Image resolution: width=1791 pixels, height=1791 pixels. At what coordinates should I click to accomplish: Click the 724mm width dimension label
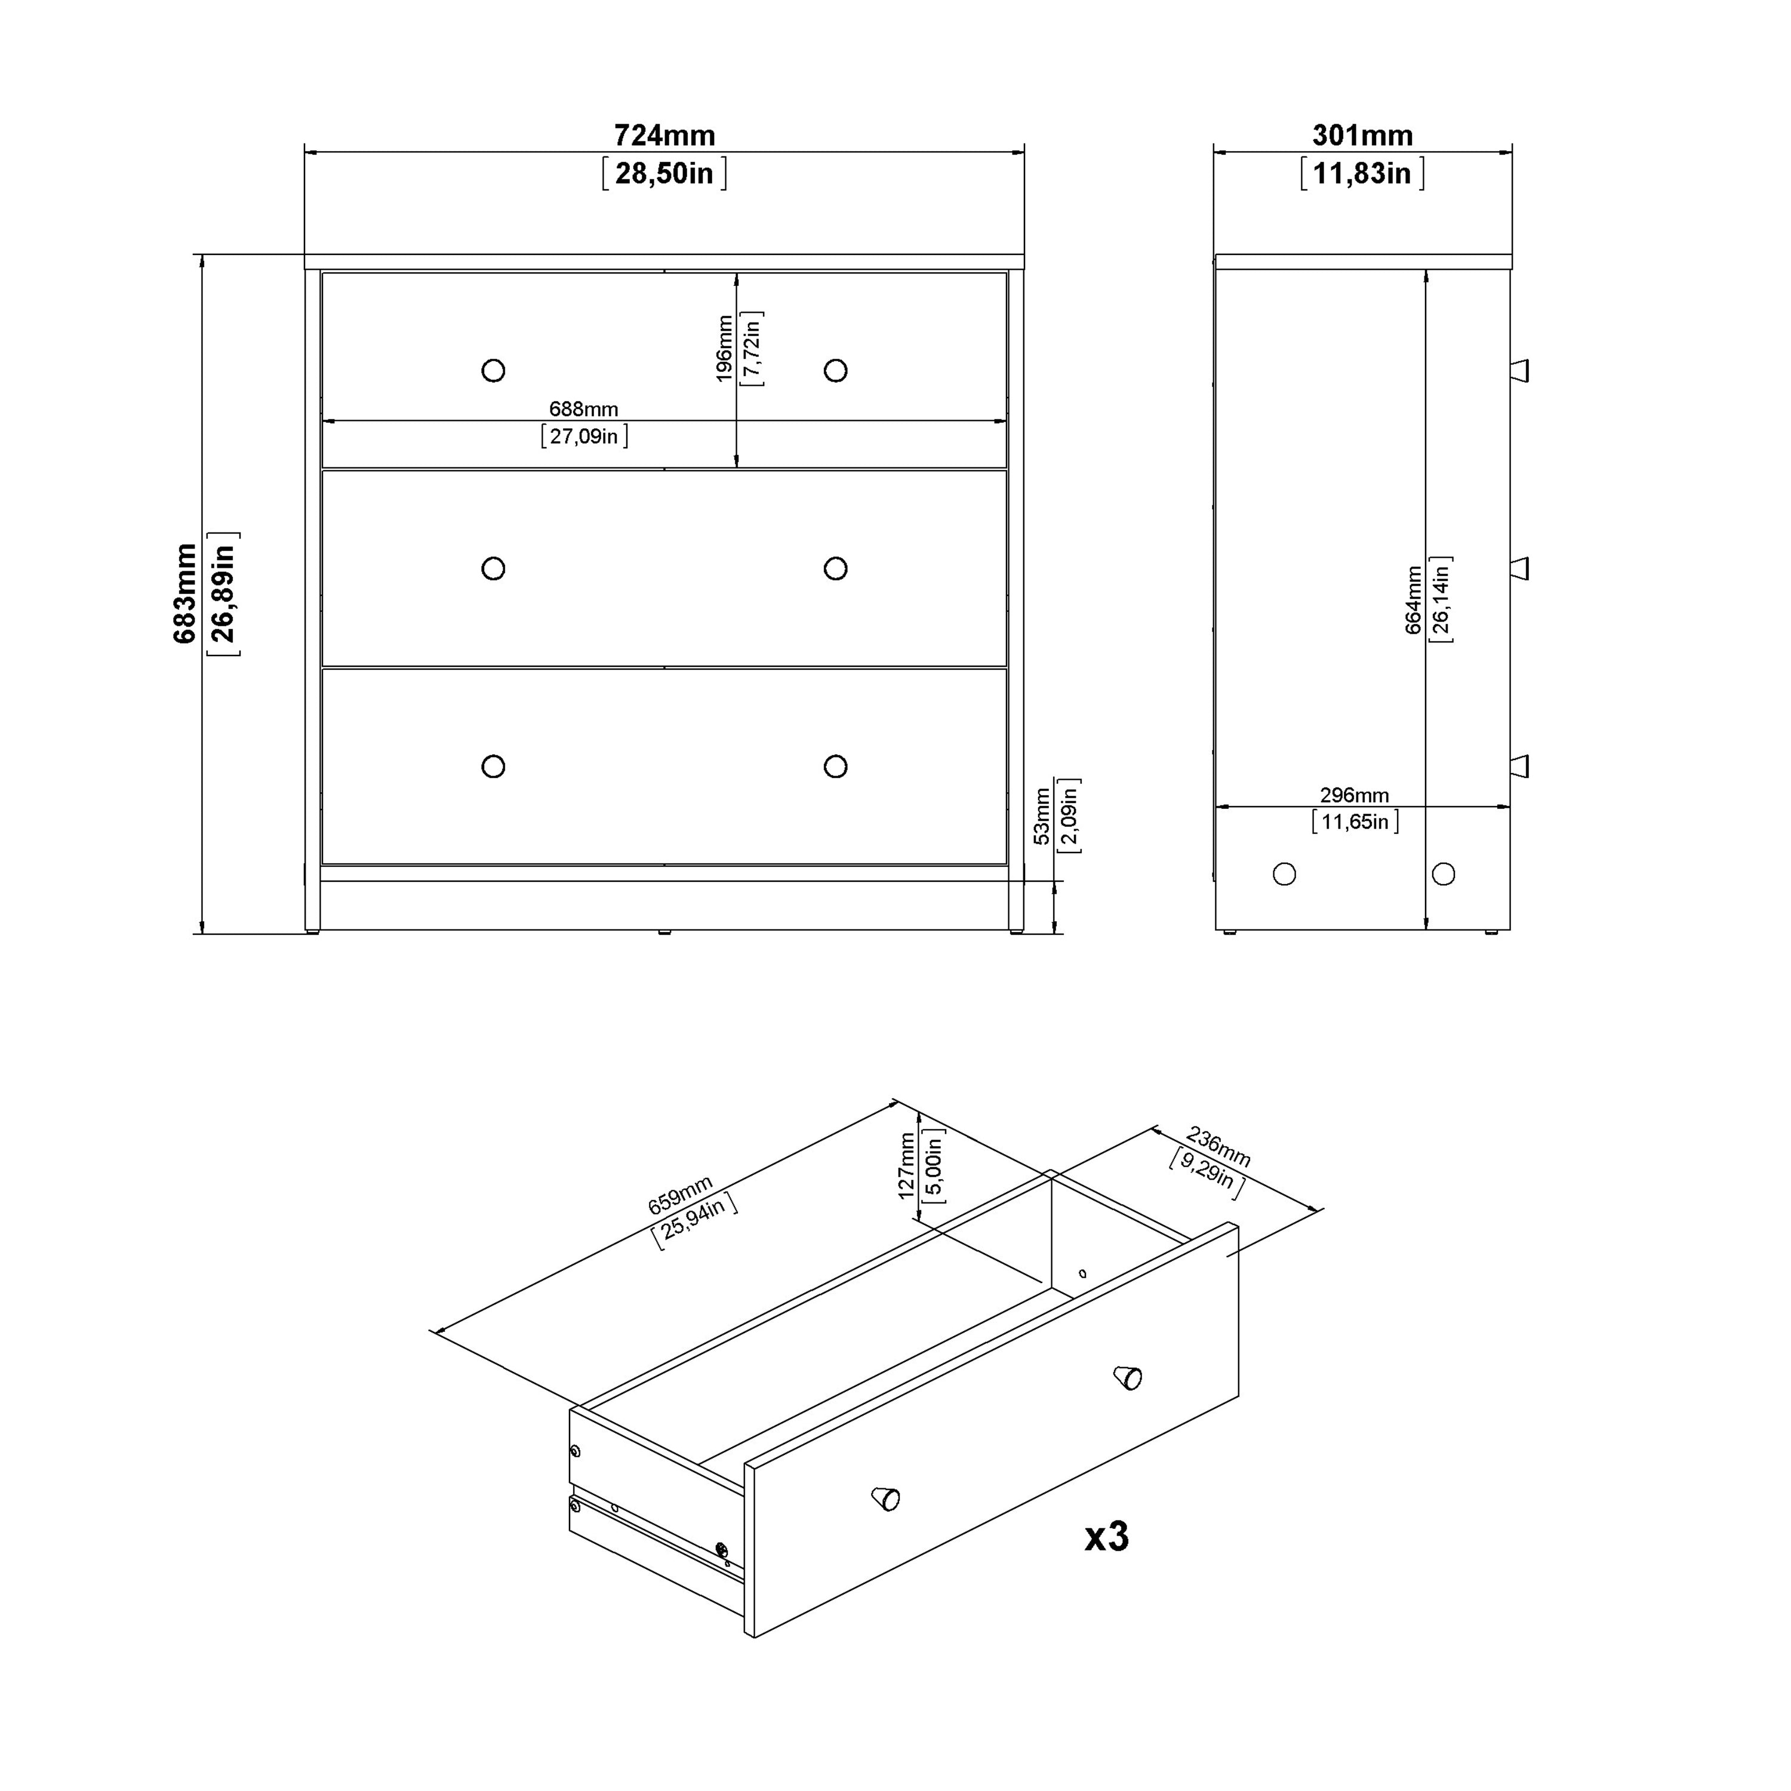664,136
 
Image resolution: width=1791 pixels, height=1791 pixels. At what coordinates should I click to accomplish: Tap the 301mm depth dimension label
1362,136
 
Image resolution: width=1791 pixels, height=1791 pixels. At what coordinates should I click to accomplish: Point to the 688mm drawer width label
583,409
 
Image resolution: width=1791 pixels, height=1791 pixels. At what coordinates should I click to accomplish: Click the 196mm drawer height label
725,349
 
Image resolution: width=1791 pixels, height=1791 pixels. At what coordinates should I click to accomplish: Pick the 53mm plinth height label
1042,816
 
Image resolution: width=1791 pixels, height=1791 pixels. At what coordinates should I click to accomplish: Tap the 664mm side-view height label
1413,600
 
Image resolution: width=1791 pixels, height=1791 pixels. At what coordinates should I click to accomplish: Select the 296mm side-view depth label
1355,795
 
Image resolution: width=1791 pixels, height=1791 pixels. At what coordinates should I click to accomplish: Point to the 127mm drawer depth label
907,1165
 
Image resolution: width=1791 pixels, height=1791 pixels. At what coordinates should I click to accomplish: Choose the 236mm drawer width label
1218,1147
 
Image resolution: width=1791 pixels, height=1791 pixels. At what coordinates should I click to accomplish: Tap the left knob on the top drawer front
493,371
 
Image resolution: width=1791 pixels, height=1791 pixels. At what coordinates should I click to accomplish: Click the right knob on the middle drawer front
835,568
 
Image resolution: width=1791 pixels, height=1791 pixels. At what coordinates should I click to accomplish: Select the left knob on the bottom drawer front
493,767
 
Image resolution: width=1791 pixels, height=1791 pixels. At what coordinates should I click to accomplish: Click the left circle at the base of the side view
1284,873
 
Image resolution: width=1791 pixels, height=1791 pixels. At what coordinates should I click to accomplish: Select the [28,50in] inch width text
664,173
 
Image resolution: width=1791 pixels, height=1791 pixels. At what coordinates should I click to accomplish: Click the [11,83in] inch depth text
1362,173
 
